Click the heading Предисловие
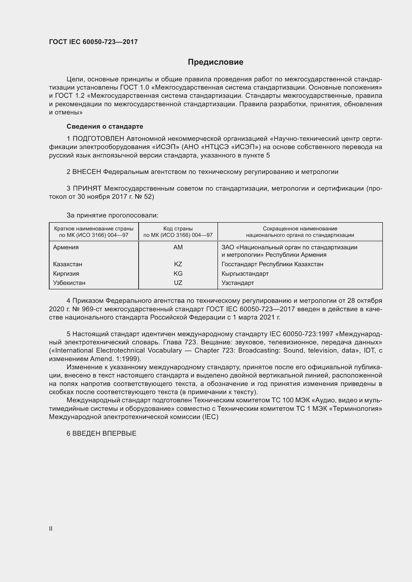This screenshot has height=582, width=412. tap(215, 62)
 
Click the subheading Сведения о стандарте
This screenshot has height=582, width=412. tap(105, 126)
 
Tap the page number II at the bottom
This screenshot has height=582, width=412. tap(51, 529)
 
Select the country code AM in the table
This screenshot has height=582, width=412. tap(178, 247)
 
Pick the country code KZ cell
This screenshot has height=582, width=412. tap(178, 264)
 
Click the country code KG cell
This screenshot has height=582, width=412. tap(178, 273)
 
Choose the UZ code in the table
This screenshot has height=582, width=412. tap(178, 283)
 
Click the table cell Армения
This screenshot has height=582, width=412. tap(66, 247)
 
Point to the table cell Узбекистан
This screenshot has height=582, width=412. tap(69, 283)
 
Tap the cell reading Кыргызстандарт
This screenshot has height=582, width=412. tap(245, 273)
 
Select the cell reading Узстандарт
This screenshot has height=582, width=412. tap(237, 283)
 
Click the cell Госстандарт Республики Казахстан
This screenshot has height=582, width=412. tap(272, 264)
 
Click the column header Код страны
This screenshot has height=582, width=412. tap(178, 229)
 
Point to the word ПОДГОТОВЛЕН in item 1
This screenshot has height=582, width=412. tap(98, 139)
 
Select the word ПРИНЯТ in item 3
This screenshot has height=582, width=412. tap(87, 188)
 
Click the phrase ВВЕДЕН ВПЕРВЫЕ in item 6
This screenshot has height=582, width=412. tap(104, 433)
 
